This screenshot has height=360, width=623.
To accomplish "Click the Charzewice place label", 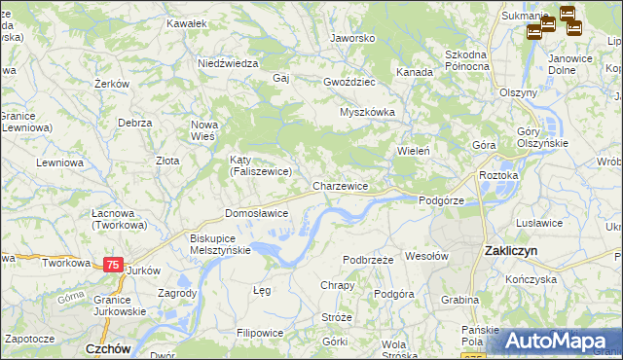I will [x=340, y=185].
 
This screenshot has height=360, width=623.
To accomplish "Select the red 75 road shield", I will [x=114, y=265].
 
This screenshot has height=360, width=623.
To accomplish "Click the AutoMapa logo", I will [x=558, y=341].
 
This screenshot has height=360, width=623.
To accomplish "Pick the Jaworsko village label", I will [x=352, y=38].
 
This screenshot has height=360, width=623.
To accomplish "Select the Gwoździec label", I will [x=350, y=82].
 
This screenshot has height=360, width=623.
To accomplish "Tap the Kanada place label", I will [x=414, y=72].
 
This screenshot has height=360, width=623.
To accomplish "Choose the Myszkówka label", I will [x=367, y=112].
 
